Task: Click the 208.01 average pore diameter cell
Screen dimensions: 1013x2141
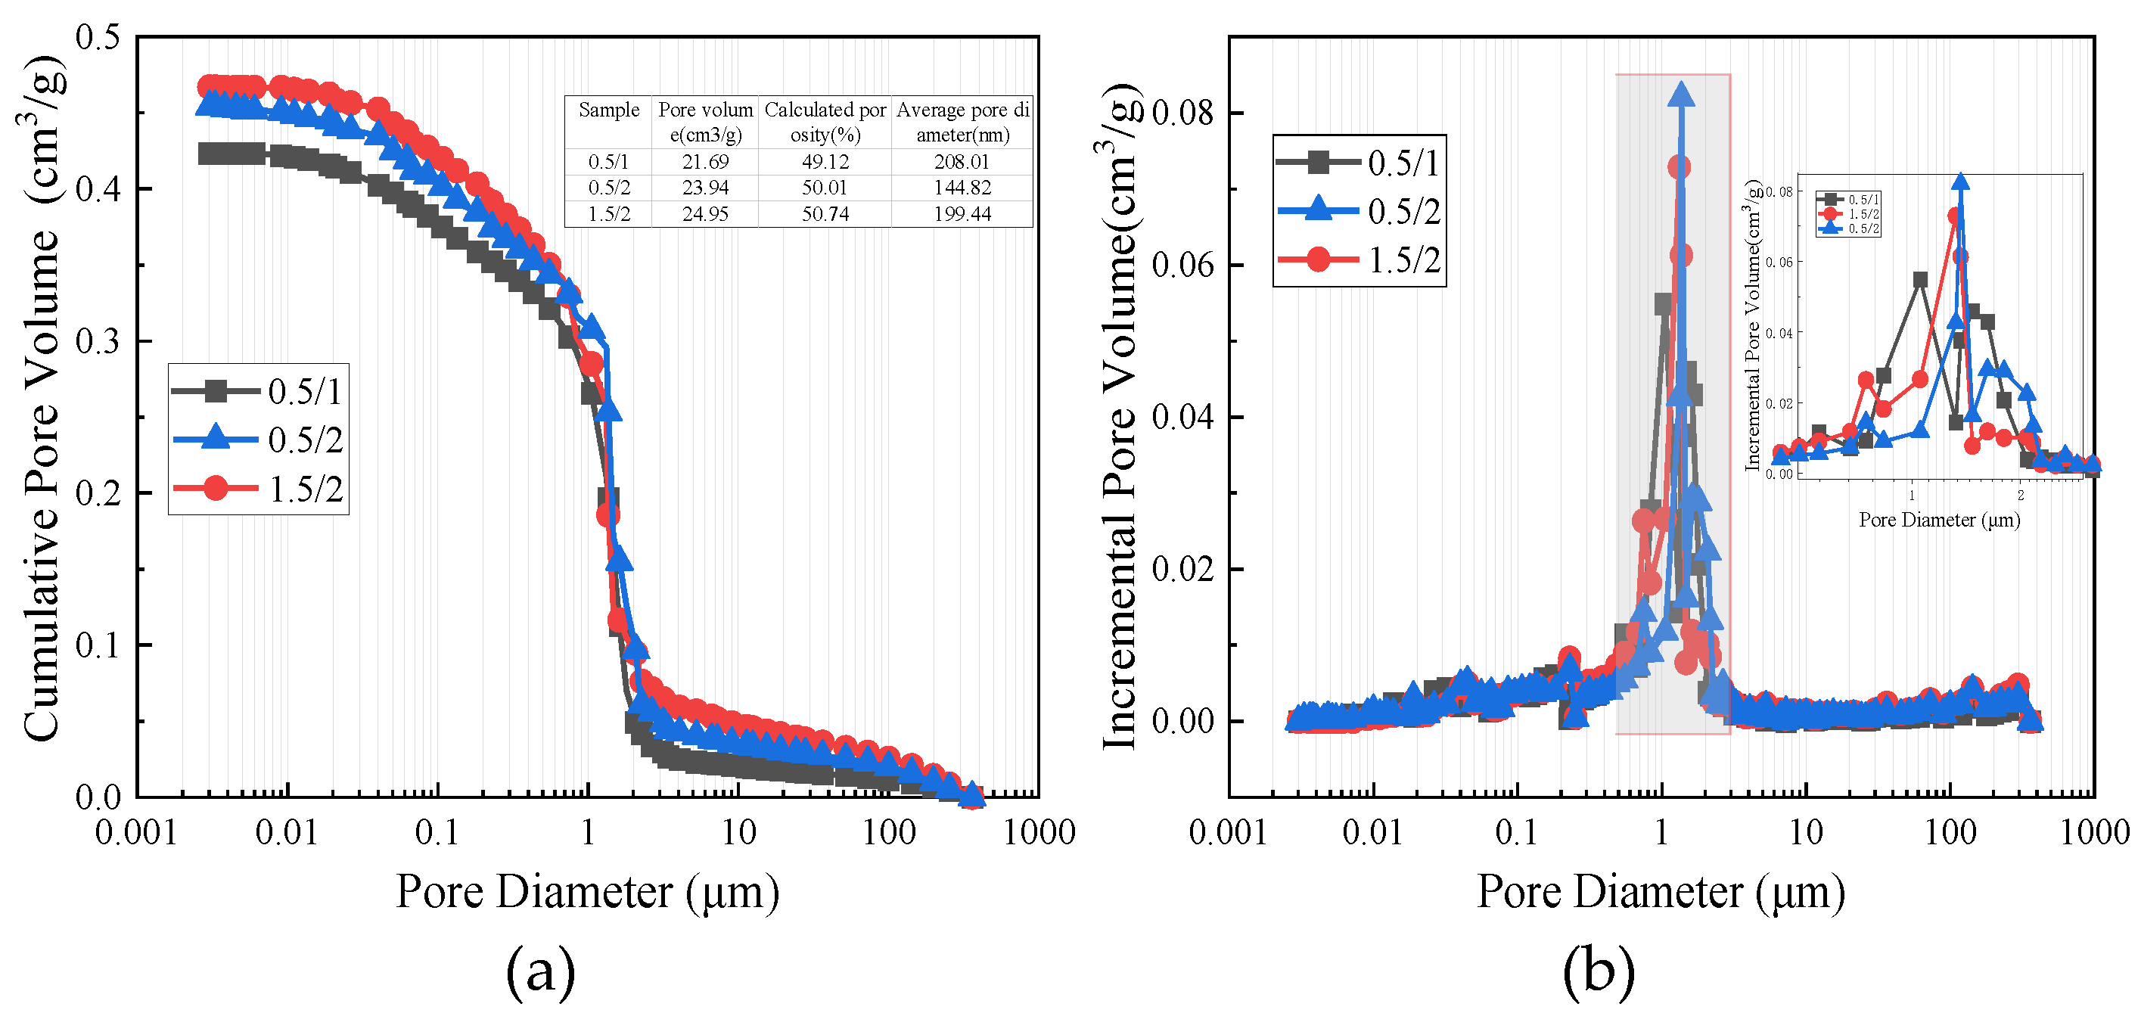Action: [962, 161]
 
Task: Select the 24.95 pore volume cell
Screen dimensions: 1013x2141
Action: [705, 213]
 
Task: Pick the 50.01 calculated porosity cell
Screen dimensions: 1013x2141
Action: [825, 188]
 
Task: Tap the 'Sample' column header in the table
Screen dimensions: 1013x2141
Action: [608, 110]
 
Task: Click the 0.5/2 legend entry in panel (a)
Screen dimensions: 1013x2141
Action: [258, 440]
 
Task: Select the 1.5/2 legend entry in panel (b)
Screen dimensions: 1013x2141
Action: [1359, 260]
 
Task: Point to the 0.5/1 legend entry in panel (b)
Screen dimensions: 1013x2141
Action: [1359, 163]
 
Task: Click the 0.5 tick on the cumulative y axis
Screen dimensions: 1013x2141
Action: [98, 36]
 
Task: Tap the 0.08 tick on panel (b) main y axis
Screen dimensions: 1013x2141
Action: [1182, 112]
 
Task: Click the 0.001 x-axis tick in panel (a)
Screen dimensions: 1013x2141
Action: [136, 832]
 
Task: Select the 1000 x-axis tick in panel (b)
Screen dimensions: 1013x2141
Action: [2093, 832]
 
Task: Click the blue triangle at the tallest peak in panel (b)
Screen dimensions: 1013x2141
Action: [1681, 95]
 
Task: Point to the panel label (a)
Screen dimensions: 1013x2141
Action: [540, 969]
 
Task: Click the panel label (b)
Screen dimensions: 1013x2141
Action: [1598, 969]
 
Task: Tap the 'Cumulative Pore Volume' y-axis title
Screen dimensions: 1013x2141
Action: [42, 399]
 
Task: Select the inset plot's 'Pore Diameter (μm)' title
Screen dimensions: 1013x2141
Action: [1939, 520]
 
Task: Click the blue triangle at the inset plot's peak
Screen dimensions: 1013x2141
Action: [1961, 183]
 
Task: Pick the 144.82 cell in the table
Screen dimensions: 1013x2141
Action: [962, 188]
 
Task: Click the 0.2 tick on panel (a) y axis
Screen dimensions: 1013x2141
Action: [98, 493]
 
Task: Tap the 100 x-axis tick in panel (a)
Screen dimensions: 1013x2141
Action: [887, 832]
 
